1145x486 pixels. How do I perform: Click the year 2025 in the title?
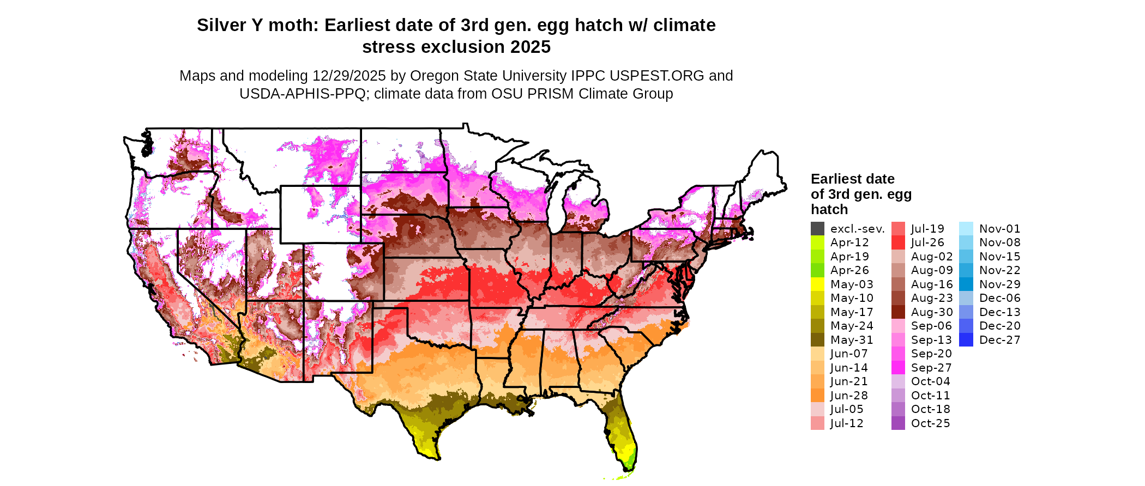point(531,47)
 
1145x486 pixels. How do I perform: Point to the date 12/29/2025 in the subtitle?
point(349,76)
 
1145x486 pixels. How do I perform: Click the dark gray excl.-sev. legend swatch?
point(817,229)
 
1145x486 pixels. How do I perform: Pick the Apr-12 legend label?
point(849,242)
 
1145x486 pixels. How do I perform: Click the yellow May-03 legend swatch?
point(817,284)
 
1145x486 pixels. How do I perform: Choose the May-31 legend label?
point(852,340)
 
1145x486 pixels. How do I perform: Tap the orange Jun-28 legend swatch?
point(817,396)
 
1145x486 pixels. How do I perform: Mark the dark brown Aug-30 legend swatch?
point(898,312)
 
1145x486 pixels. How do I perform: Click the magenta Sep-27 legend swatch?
point(898,368)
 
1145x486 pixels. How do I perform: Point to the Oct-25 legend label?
point(930,423)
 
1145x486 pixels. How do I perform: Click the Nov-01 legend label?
point(999,229)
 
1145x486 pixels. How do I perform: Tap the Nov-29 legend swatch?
point(966,284)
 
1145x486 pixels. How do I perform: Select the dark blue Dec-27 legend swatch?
point(966,340)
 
